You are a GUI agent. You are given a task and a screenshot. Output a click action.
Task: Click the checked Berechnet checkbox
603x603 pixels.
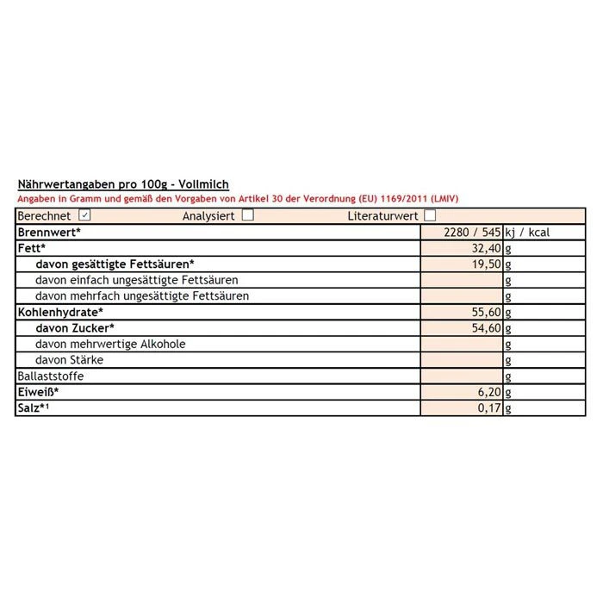click(x=84, y=215)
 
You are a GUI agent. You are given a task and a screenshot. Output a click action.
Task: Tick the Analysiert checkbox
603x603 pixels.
click(x=248, y=215)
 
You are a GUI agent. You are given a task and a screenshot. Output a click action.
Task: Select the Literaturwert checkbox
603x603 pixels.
click(x=430, y=215)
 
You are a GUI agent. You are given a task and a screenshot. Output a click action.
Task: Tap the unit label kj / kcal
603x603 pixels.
click(x=527, y=232)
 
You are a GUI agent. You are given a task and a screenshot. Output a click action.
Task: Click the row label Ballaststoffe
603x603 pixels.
click(x=52, y=376)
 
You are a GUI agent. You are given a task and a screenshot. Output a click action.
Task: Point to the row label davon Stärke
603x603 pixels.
click(x=68, y=360)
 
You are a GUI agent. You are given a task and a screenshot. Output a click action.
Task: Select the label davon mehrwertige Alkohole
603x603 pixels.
click(x=110, y=344)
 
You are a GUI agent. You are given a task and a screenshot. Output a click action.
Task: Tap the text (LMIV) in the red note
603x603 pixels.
click(x=442, y=198)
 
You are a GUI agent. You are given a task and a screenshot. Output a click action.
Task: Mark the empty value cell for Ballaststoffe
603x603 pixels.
click(x=461, y=376)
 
